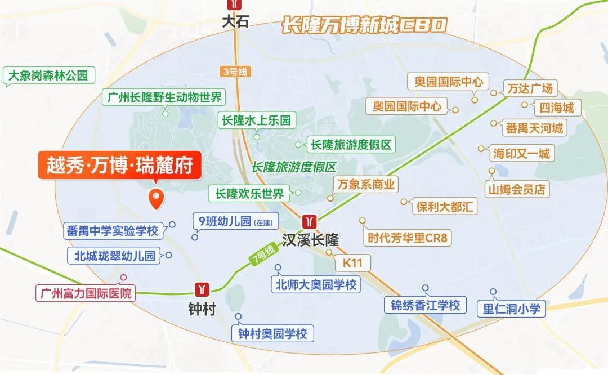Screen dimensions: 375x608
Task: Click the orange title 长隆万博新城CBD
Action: point(364,25)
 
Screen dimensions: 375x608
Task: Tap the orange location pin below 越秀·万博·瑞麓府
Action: point(155,198)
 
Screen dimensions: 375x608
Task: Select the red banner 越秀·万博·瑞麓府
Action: point(119,166)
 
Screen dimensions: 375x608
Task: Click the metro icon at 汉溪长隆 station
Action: point(309,220)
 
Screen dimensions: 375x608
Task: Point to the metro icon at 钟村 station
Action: point(202,290)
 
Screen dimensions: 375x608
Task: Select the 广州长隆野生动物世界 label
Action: point(164,97)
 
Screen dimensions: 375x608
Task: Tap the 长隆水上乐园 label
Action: point(257,120)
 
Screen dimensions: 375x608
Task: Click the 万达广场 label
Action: point(530,88)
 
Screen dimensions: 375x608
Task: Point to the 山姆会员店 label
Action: point(517,189)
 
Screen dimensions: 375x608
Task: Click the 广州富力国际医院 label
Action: point(86,293)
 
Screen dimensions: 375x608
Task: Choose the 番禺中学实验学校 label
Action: point(112,230)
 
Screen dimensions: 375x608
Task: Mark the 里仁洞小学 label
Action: point(511,309)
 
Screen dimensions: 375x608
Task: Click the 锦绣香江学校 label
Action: point(426,305)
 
